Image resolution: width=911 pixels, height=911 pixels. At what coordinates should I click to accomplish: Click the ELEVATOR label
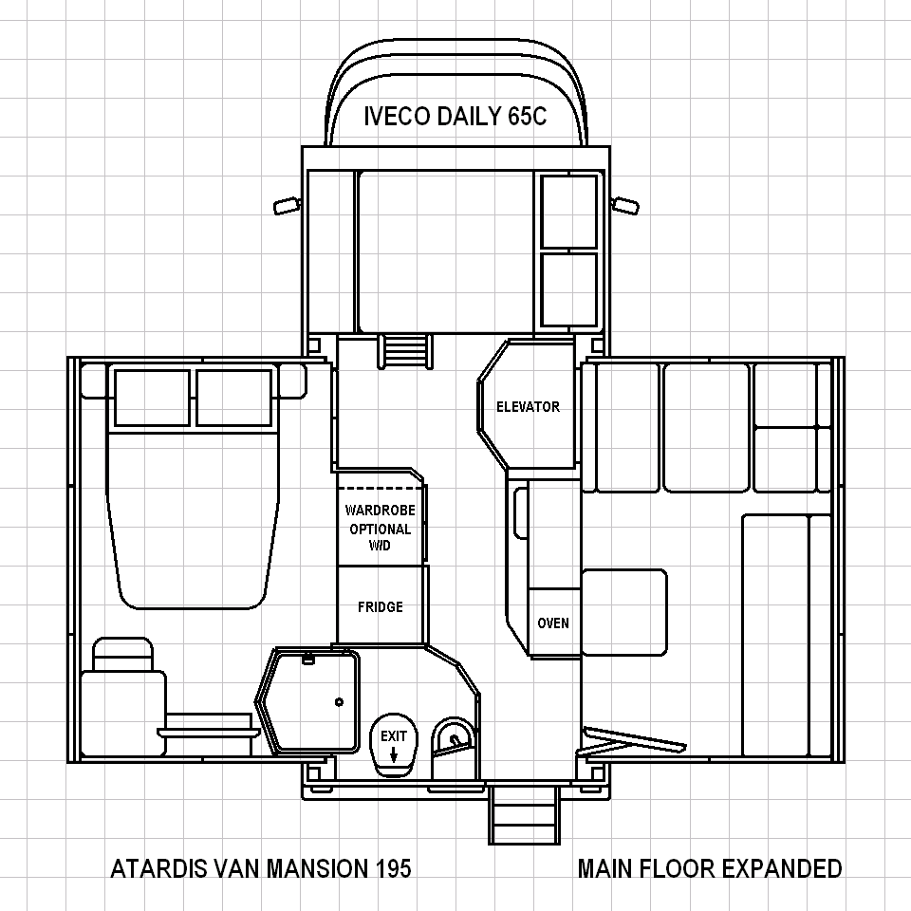528,407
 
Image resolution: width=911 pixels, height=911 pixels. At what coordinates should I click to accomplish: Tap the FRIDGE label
381,606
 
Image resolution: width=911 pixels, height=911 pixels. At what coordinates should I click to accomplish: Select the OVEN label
553,623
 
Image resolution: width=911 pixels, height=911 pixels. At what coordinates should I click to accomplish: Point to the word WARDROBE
380,511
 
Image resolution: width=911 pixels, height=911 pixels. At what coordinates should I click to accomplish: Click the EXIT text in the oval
393,736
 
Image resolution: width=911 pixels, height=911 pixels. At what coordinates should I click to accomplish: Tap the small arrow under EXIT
393,754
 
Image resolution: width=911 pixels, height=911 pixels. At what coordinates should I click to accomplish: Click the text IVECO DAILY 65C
455,116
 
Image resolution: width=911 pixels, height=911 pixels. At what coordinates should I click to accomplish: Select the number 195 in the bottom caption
393,868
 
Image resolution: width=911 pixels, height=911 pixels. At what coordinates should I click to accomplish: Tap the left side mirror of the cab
287,206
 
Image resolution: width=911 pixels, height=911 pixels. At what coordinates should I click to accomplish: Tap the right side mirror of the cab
625,206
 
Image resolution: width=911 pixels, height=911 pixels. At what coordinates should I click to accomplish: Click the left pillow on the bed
152,398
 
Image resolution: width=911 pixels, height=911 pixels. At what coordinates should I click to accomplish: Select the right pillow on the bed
233,398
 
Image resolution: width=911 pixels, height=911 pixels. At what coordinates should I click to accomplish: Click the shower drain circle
340,702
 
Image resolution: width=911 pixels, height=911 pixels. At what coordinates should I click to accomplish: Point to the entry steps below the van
524,813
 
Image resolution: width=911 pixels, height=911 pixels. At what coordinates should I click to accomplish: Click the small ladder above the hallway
405,351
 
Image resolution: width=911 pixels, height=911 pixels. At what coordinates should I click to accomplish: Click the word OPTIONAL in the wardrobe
380,530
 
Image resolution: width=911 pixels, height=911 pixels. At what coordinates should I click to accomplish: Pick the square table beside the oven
624,612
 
